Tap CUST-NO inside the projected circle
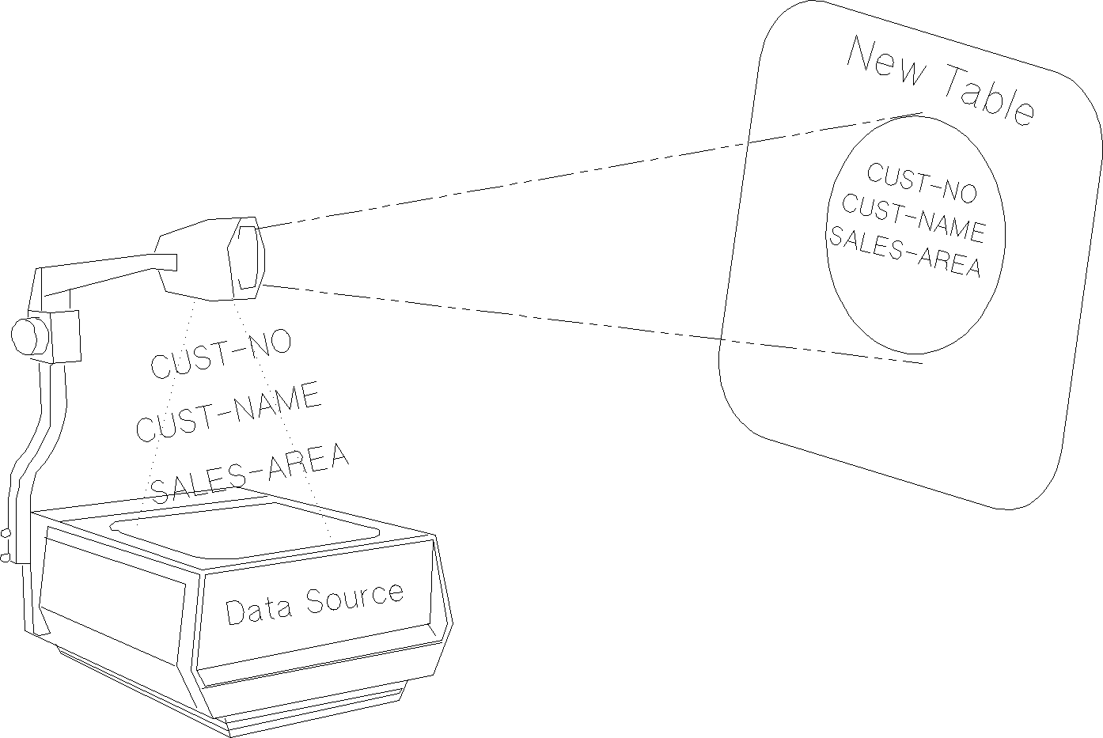(x=922, y=183)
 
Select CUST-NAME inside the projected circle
(x=912, y=218)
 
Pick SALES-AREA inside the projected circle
(x=904, y=252)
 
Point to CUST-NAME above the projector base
(x=229, y=411)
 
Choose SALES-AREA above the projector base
(x=249, y=473)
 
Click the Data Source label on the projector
(x=314, y=603)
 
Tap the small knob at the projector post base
(x=6, y=546)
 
